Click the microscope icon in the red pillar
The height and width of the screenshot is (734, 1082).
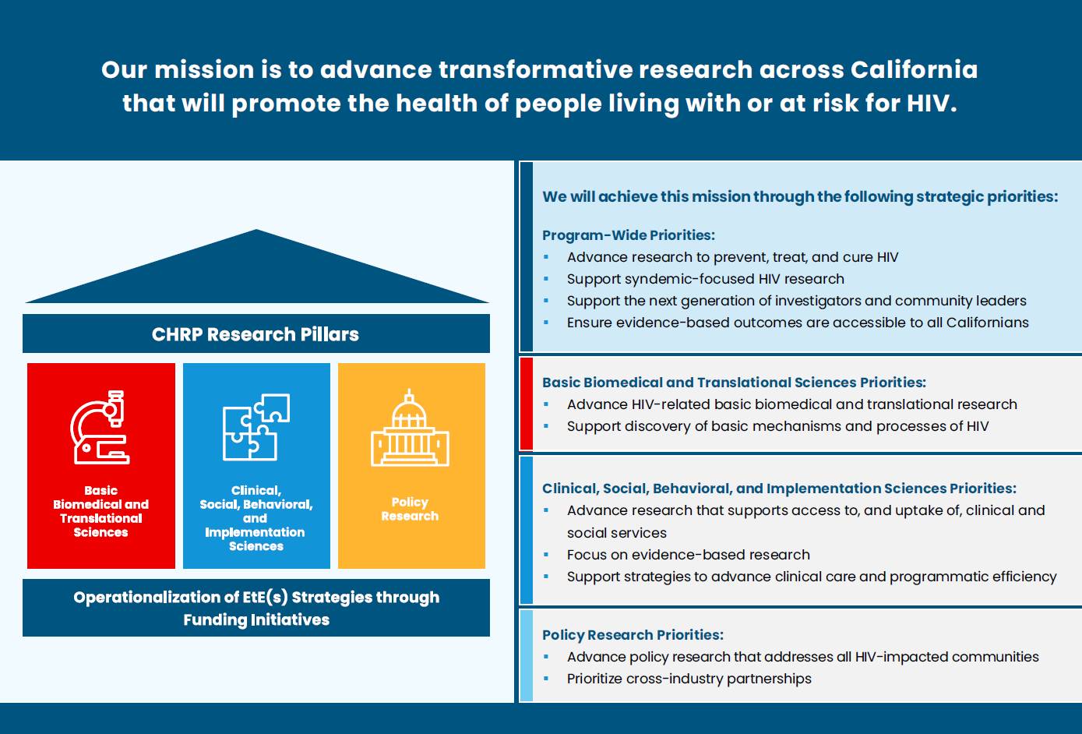[100, 428]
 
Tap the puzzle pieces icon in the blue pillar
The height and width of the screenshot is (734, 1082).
[256, 427]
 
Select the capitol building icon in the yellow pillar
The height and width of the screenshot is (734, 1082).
[410, 429]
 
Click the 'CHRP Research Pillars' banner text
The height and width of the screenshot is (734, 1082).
[256, 334]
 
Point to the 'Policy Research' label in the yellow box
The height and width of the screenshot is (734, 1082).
[410, 509]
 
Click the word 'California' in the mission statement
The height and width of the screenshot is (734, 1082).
[914, 69]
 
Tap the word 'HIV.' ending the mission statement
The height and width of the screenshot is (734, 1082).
[932, 103]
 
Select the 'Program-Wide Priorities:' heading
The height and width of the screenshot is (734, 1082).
[628, 235]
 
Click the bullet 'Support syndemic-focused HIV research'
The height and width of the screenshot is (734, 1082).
[705, 279]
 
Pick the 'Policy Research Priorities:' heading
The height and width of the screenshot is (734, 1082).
[633, 635]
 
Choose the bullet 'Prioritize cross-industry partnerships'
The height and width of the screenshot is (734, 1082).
[689, 679]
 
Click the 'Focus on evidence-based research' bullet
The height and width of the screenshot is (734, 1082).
[688, 555]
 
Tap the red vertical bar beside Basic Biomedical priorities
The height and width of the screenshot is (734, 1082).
[526, 404]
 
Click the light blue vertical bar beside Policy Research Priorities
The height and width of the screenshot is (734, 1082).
[526, 655]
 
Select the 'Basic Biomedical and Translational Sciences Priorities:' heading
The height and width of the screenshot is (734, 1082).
[734, 383]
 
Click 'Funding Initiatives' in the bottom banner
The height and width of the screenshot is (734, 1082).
[256, 620]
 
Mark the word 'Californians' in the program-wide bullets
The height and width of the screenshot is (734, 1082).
[987, 323]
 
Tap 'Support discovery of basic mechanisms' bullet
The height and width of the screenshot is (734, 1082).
[777, 426]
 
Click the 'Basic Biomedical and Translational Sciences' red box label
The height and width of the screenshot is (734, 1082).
[100, 511]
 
